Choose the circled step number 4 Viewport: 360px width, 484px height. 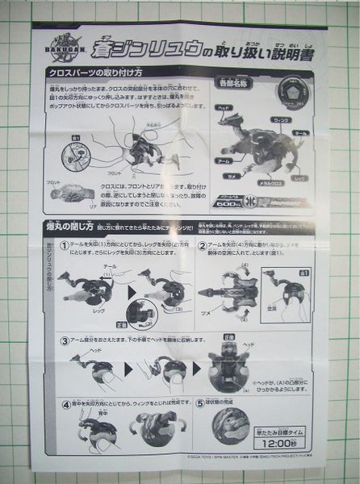coord(66,401)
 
